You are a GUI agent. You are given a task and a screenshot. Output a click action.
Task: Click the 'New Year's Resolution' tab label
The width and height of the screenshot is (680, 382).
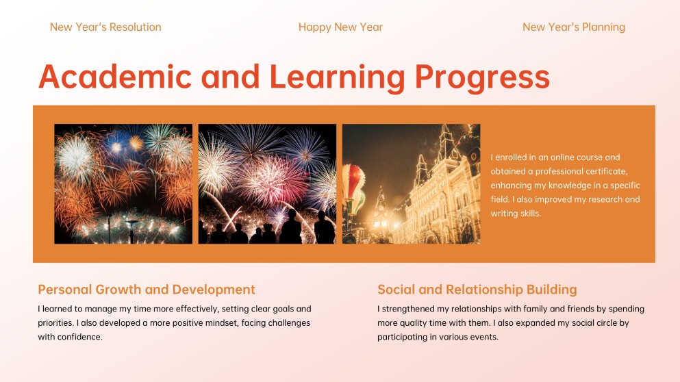pos(105,27)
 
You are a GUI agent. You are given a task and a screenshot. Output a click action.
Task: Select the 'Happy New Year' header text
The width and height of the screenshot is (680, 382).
pos(340,27)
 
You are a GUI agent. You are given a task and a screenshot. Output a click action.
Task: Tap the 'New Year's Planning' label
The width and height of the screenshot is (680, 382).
pos(573,27)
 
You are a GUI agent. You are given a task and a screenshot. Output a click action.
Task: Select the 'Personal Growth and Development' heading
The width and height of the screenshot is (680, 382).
pos(147,290)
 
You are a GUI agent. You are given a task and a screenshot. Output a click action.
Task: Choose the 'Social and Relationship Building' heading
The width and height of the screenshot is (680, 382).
pos(477,290)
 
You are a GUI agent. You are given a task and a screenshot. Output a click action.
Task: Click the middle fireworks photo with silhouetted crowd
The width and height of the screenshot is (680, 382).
pos(267,183)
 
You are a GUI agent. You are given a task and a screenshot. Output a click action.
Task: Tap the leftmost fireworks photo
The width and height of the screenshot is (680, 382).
pos(123,183)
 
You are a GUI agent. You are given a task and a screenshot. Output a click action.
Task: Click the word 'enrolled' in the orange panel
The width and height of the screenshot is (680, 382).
pos(513,157)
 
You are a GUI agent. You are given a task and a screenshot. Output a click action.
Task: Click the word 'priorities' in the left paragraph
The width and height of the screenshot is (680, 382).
pos(55,322)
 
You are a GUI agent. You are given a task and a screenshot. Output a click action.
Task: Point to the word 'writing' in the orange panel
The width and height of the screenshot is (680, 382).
pos(505,214)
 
